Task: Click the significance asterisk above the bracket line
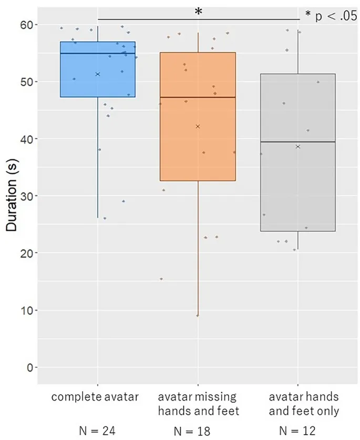pyautogui.click(x=198, y=12)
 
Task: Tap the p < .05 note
pyautogui.click(x=331, y=16)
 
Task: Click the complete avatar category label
pyautogui.click(x=95, y=397)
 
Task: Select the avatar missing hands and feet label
pyautogui.click(x=198, y=403)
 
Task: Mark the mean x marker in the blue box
pyautogui.click(x=98, y=74)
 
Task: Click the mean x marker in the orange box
pyautogui.click(x=198, y=126)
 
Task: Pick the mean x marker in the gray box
pyautogui.click(x=298, y=147)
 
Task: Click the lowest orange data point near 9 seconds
pyautogui.click(x=198, y=315)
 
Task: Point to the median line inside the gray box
pyautogui.click(x=298, y=142)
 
